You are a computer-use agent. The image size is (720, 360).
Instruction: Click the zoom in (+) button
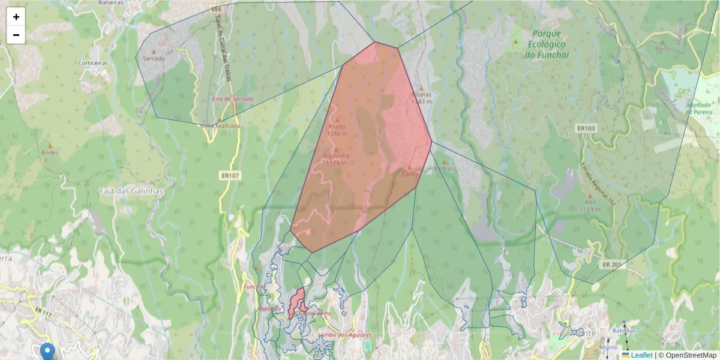16,17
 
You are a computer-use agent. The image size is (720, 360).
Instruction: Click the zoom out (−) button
16,35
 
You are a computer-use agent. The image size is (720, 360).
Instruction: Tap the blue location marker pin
47,352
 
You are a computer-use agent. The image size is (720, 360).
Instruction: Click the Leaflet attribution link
641,355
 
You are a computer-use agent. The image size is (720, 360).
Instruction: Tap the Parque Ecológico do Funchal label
546,44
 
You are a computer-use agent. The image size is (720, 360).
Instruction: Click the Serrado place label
154,59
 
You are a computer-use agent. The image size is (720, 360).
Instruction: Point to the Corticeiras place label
92,62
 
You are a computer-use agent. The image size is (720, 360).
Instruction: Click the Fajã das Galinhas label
131,191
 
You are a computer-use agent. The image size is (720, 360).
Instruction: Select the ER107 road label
230,176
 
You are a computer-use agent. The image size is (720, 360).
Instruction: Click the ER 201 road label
613,265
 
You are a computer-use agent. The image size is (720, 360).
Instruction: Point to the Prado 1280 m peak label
337,130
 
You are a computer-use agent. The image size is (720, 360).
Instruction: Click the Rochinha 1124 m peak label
336,159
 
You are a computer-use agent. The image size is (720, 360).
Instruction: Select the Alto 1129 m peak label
590,206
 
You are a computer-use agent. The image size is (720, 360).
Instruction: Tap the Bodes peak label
50,152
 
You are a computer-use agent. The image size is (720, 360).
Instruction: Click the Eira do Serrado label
233,98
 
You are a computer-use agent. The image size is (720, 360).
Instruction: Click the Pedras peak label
445,169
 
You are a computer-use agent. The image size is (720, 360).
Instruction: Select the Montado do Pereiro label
699,108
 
